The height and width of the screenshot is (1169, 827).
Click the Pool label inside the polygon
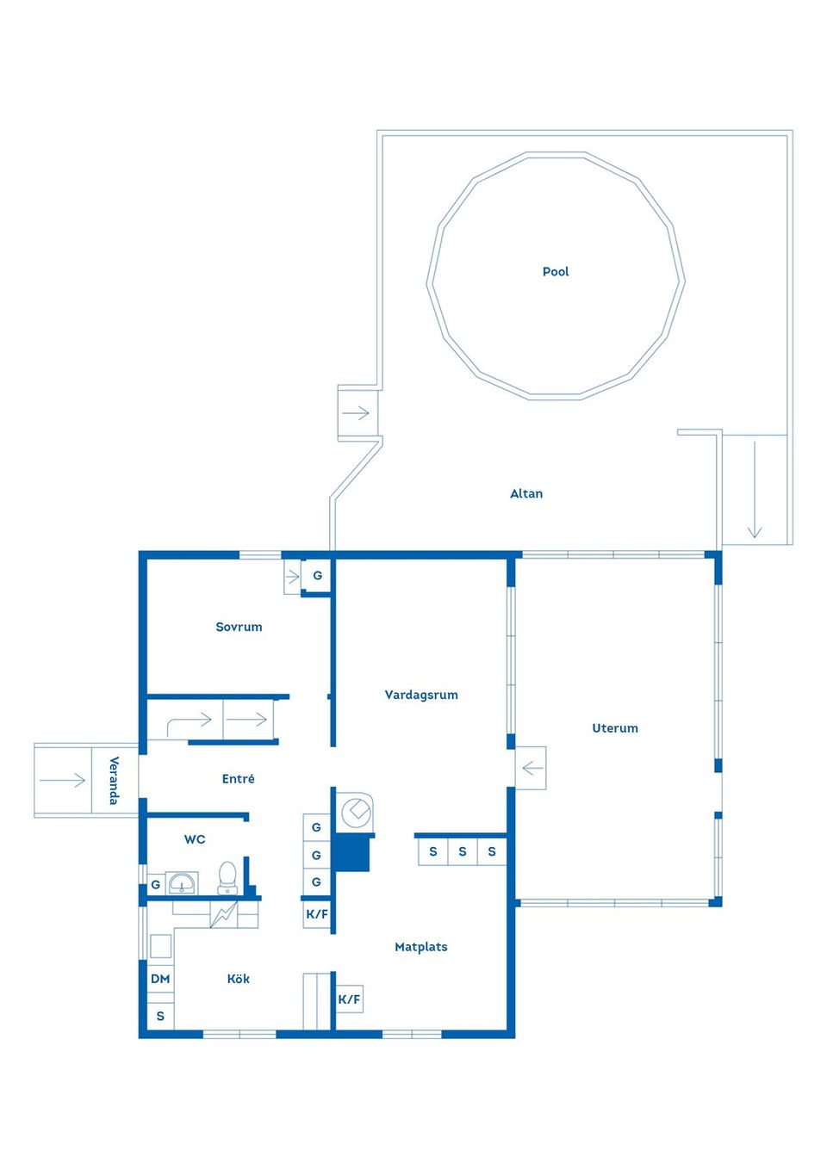pyautogui.click(x=556, y=271)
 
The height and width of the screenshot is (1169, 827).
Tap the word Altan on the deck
pyautogui.click(x=526, y=493)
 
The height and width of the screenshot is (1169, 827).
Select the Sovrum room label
pyautogui.click(x=239, y=627)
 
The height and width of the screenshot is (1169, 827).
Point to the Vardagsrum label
pyautogui.click(x=421, y=695)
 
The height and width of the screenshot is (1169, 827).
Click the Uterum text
pyautogui.click(x=615, y=728)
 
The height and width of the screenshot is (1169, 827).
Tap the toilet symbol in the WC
pyautogui.click(x=227, y=877)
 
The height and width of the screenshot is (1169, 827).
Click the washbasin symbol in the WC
pyautogui.click(x=182, y=883)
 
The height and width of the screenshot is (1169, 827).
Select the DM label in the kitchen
pyautogui.click(x=160, y=979)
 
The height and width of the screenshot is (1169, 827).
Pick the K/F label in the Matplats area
pyautogui.click(x=349, y=999)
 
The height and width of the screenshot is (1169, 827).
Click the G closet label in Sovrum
pyautogui.click(x=317, y=575)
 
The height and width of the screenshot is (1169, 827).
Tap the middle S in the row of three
pyautogui.click(x=463, y=851)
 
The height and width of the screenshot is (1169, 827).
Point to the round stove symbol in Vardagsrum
pyautogui.click(x=355, y=811)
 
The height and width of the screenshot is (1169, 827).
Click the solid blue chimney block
pyautogui.click(x=351, y=852)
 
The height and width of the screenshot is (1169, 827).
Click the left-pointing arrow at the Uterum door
pyautogui.click(x=532, y=767)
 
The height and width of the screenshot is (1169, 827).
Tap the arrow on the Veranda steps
pyautogui.click(x=63, y=781)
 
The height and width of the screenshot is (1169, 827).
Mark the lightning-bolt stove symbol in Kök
pyautogui.click(x=224, y=913)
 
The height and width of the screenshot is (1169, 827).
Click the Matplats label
pyautogui.click(x=420, y=947)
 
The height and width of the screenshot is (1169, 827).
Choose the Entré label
pyautogui.click(x=238, y=779)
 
